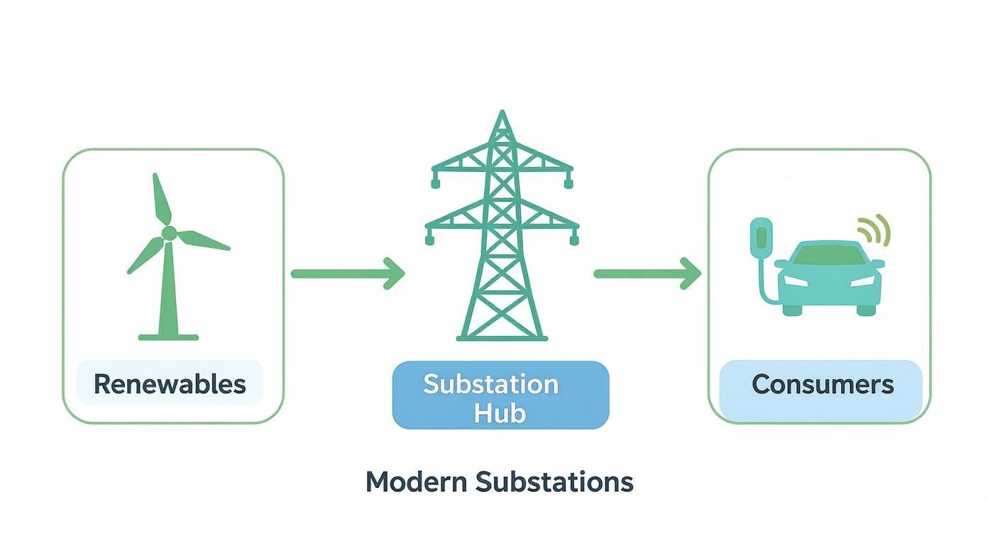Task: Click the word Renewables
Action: pos(170,384)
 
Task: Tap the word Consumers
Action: pos(822,384)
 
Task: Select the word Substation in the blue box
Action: pos(490,384)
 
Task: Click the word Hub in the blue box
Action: pos(500,413)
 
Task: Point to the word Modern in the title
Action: pos(417,482)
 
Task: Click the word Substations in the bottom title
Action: pos(554,482)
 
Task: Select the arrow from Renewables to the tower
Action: pos(347,273)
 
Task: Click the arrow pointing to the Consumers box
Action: pos(647,273)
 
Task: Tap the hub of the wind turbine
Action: pos(168,233)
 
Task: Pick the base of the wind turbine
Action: pos(168,336)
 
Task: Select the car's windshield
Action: pos(830,254)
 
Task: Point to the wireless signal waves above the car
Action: pos(874,229)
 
